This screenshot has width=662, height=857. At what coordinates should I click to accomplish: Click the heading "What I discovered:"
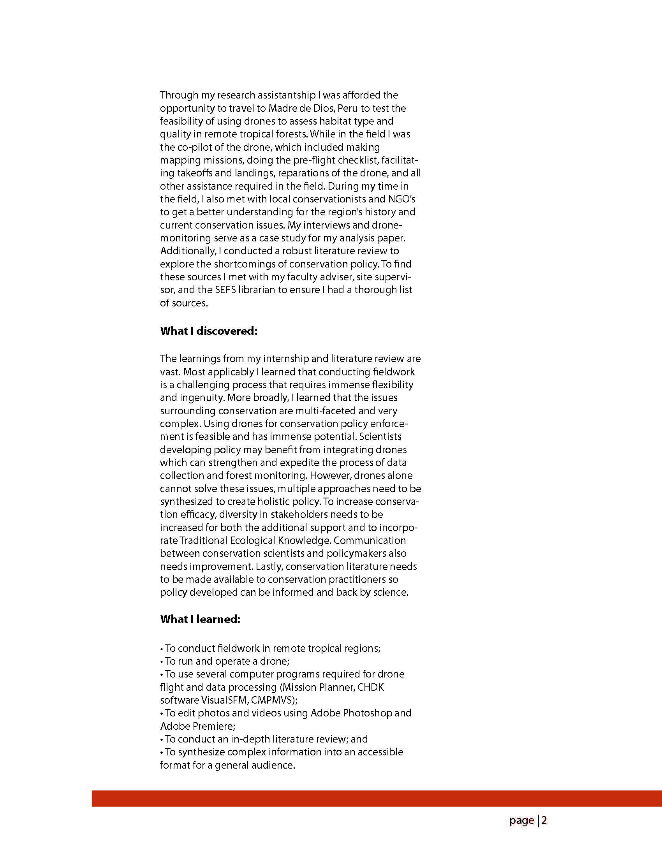pyautogui.click(x=208, y=331)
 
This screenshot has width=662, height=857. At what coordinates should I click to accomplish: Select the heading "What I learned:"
pyautogui.click(x=200, y=619)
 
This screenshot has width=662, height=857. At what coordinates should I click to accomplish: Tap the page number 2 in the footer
pyautogui.click(x=544, y=820)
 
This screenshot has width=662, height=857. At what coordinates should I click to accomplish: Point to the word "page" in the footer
pyautogui.click(x=521, y=820)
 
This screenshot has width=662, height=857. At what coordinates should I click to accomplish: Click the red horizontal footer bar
pyautogui.click(x=377, y=799)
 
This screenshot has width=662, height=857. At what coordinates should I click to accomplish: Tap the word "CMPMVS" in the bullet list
pyautogui.click(x=272, y=700)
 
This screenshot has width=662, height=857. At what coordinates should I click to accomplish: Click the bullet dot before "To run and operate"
pyautogui.click(x=162, y=662)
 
